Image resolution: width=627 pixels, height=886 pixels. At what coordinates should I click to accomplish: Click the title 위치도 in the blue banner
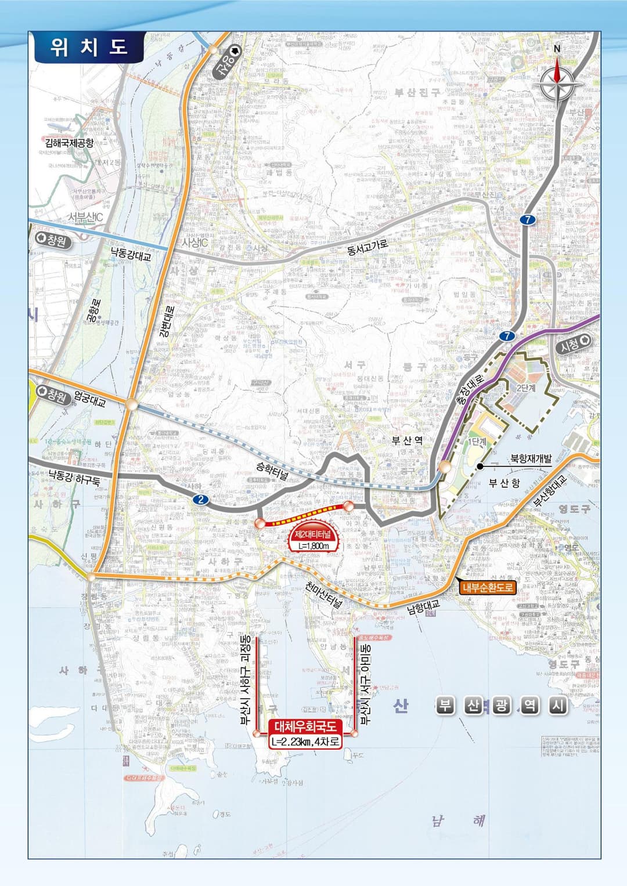88,47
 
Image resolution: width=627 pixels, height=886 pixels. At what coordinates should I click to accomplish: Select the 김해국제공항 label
69,142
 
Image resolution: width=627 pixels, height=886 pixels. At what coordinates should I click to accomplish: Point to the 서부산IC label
85,217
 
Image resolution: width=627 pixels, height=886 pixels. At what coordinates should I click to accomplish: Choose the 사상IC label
194,243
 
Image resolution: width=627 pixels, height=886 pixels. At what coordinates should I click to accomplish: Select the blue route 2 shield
201,499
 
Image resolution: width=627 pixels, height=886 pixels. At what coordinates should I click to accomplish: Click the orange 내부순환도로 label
488,587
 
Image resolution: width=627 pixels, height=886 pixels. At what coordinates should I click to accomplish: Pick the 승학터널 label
272,471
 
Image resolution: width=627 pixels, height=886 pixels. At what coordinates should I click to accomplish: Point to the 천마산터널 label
324,594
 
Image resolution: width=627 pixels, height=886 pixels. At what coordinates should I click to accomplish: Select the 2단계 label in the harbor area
525,388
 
